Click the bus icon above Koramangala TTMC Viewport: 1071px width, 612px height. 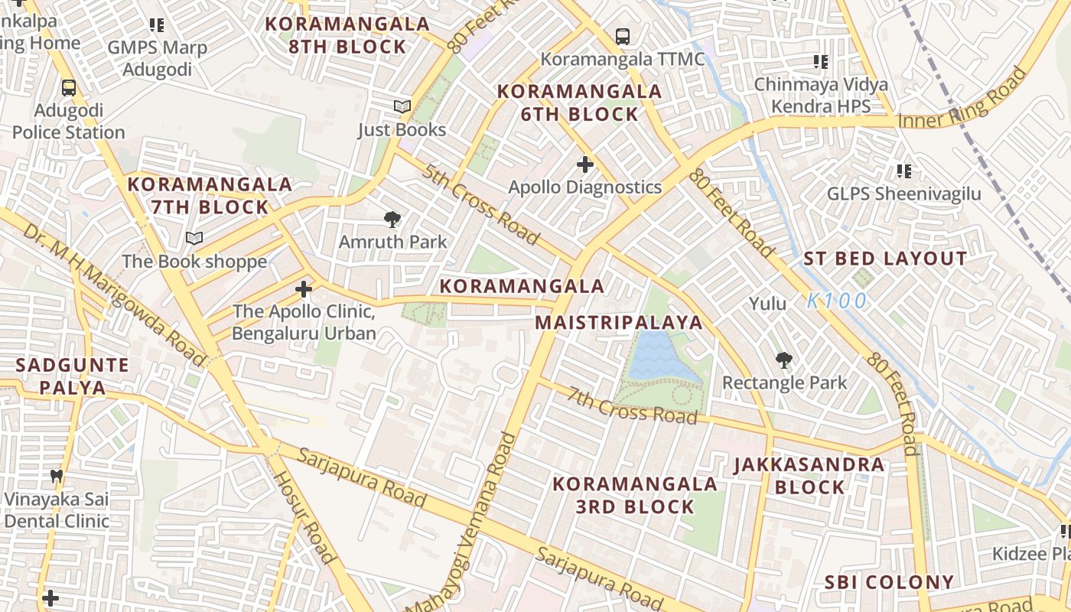click(x=623, y=36)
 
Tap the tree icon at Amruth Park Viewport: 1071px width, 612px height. click(x=392, y=220)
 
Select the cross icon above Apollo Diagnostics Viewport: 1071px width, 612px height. click(x=585, y=164)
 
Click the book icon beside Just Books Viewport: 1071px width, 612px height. click(x=402, y=107)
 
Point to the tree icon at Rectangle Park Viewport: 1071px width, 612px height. click(x=783, y=360)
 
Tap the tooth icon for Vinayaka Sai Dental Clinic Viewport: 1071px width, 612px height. click(x=56, y=477)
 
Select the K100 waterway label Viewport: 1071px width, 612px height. click(x=837, y=301)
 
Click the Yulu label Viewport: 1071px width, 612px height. click(x=767, y=304)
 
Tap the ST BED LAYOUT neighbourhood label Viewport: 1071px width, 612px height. click(x=885, y=259)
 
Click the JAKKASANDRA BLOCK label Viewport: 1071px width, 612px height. click(x=809, y=475)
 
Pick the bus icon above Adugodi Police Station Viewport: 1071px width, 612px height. click(x=69, y=88)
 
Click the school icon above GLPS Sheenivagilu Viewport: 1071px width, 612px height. click(x=903, y=171)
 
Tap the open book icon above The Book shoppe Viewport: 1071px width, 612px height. click(x=194, y=239)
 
